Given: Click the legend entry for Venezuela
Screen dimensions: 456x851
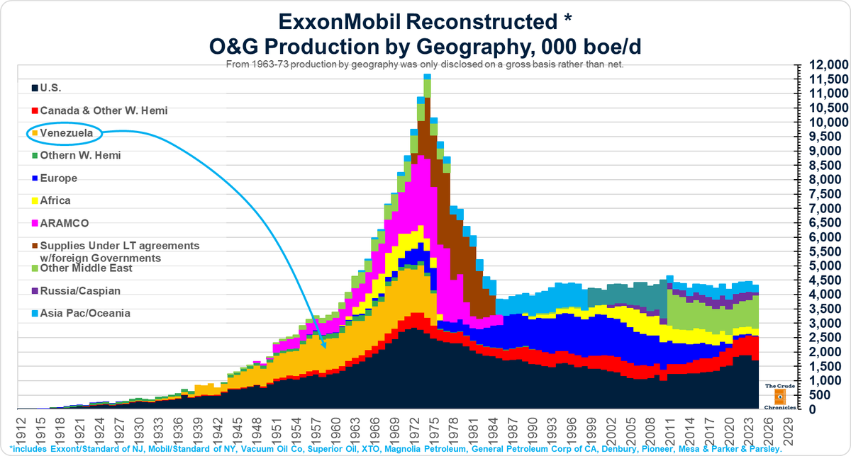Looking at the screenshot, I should [x=65, y=132].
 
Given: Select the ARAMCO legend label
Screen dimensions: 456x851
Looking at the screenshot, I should [x=64, y=223].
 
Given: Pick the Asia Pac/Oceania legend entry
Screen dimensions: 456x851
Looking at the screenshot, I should [x=84, y=313].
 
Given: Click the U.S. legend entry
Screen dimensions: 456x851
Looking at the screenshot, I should [x=50, y=88].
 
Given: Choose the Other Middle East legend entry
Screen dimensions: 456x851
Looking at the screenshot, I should [x=85, y=268].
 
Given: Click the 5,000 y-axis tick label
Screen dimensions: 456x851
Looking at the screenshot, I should [x=827, y=266].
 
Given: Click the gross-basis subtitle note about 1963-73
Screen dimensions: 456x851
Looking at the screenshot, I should [x=425, y=64].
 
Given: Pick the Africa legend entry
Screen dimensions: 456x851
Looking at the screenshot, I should [x=55, y=200].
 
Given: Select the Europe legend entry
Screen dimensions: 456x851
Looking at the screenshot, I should [x=58, y=178].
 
